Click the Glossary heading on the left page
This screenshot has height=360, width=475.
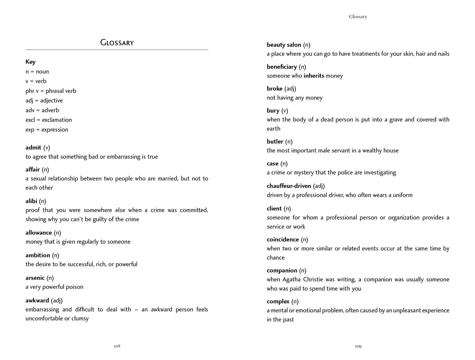117,42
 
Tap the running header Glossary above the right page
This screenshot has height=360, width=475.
358,17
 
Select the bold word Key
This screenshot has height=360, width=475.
30,62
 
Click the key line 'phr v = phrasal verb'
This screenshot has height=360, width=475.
51,91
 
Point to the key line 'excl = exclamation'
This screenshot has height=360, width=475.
48,120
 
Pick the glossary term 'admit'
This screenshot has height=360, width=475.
33,148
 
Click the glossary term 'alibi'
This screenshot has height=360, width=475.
31,201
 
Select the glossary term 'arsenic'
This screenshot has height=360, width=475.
35,278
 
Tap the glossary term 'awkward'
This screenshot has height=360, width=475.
37,300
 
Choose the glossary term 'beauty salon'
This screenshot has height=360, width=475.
284,45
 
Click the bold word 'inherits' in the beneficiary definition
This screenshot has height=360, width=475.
313,76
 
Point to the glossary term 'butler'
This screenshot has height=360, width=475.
275,142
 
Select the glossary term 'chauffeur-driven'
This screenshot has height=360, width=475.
289,186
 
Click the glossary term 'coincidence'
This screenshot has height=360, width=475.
283,240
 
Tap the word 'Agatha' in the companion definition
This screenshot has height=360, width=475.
291,280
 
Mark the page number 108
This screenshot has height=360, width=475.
117,346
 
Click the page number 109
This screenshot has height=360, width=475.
358,346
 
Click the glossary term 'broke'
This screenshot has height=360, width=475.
275,89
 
